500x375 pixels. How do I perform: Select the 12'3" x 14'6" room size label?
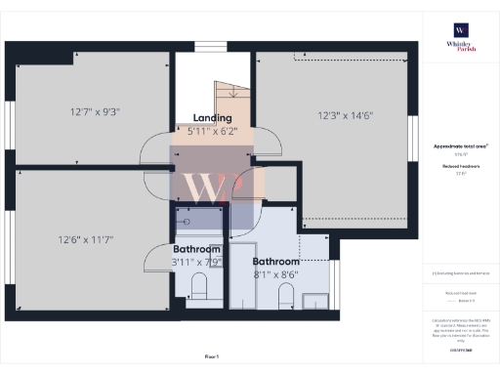345,115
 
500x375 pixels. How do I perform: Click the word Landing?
212,117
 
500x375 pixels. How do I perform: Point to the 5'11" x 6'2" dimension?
212,130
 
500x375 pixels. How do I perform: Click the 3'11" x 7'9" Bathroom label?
197,255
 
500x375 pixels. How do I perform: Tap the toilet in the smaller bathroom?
199,286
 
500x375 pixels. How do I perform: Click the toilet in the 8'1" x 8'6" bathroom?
286,294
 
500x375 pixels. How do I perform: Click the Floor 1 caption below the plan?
212,356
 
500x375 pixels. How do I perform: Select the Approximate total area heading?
460,146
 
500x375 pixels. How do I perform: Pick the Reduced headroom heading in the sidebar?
460,167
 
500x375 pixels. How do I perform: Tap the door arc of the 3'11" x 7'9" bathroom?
155,259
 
